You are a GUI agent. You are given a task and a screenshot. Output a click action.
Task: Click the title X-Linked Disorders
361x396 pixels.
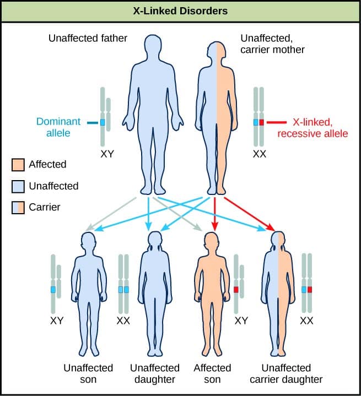tap(180, 11)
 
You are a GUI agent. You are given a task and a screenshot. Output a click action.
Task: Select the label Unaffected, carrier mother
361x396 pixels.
tap(272, 44)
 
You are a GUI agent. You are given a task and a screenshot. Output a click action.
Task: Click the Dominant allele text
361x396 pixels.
tap(58, 127)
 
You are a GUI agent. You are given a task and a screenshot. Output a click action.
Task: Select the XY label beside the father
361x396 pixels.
tap(107, 154)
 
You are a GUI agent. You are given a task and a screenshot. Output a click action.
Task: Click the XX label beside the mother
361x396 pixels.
tap(259, 154)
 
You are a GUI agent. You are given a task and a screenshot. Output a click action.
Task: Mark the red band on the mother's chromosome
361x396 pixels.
tap(262, 122)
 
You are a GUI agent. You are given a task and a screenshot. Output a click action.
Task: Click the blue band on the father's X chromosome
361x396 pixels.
tap(103, 122)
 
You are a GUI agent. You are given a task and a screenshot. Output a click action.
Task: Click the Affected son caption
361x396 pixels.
tap(213, 373)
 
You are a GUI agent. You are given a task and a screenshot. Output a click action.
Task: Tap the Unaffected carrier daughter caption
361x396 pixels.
tap(285, 373)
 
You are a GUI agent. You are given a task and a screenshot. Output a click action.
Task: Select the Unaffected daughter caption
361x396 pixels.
tap(154, 373)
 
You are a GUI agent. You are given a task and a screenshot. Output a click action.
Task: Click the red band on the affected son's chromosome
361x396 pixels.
tap(236, 289)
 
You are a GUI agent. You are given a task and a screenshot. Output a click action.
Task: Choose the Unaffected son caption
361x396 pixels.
tap(88, 373)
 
